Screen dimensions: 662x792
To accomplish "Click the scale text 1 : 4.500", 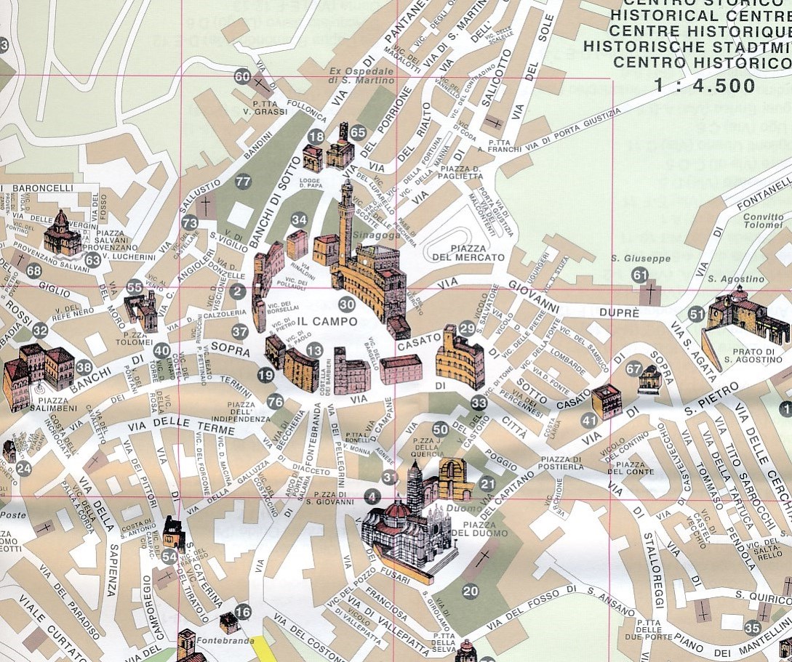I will coord(704,86).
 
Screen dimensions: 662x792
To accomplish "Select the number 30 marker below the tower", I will coord(347,305).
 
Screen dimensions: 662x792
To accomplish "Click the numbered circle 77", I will coord(243,182).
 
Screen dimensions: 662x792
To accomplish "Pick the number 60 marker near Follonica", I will coord(242,77).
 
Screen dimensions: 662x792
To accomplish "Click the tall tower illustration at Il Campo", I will coord(346,218).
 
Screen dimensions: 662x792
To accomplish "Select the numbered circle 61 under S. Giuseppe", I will coord(640,275).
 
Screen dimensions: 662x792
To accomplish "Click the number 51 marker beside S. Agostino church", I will coord(697,315).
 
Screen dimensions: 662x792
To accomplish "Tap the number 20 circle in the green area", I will coord(471,591).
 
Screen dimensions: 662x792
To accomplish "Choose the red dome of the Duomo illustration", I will coord(397,510).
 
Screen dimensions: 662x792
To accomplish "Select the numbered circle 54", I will coord(169,557).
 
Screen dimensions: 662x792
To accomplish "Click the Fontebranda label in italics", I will coord(216,641).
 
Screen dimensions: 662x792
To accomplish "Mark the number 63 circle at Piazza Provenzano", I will coord(92,260).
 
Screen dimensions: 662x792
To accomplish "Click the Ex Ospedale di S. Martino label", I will coord(361,76).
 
